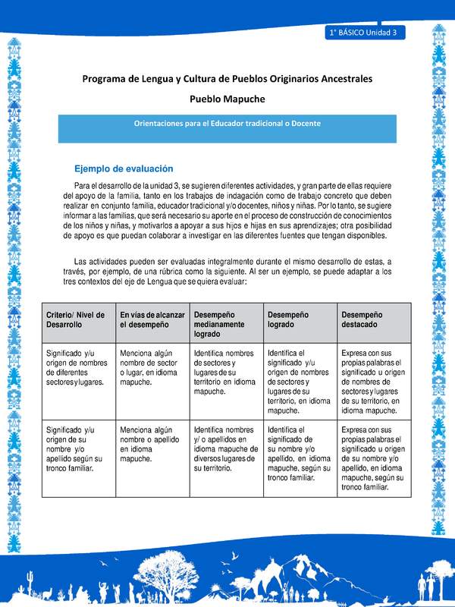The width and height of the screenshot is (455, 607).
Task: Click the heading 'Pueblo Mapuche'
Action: pyautogui.click(x=227, y=99)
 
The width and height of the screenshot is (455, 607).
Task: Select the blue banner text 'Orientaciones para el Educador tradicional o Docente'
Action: pyautogui.click(x=227, y=123)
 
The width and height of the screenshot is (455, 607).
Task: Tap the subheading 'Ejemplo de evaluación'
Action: pyautogui.click(x=124, y=168)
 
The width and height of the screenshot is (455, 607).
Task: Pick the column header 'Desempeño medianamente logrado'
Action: pyautogui.click(x=224, y=323)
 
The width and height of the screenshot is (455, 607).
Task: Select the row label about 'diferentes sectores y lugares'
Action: pyautogui.click(x=76, y=367)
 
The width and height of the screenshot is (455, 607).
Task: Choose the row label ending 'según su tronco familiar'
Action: pyautogui.click(x=76, y=448)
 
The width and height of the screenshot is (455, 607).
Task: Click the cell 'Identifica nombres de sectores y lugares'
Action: pyautogui.click(x=224, y=372)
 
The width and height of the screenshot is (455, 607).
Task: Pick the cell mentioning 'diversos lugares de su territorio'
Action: pyautogui.click(x=224, y=448)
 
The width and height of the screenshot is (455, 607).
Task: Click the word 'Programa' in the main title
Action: pyautogui.click(x=107, y=78)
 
